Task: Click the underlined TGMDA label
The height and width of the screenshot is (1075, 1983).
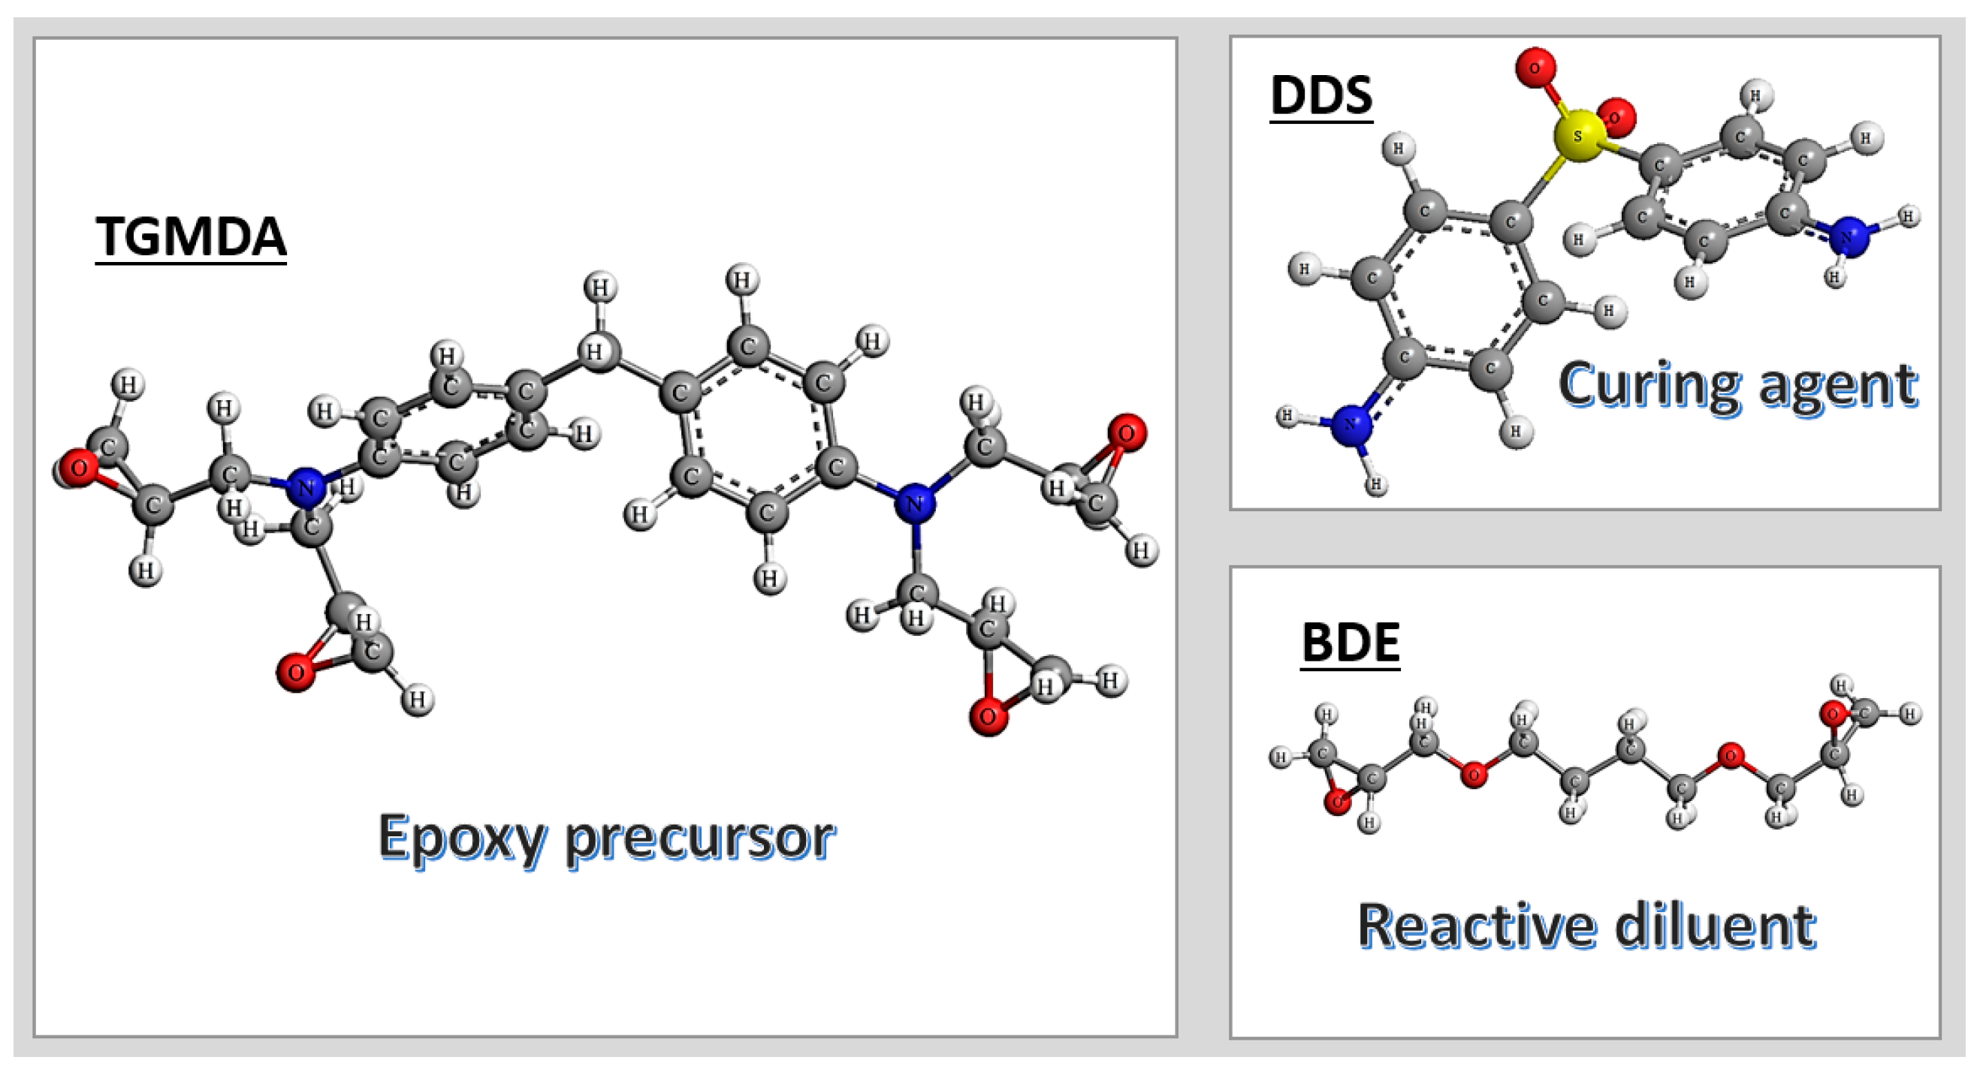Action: [191, 236]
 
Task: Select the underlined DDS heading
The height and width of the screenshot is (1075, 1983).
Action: [1321, 95]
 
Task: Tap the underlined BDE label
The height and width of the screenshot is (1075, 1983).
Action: [1351, 643]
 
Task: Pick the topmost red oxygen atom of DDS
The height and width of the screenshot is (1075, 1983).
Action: [1535, 68]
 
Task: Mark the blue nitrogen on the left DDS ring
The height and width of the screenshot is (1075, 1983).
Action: [1351, 424]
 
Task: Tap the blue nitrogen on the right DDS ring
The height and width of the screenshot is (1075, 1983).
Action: [1849, 236]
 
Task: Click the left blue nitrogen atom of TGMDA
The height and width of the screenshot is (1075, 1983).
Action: [306, 487]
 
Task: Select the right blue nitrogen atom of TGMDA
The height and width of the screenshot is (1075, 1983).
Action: [915, 504]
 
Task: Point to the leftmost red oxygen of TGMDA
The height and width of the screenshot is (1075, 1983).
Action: [78, 468]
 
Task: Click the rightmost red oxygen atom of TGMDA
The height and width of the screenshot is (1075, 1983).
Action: [1126, 433]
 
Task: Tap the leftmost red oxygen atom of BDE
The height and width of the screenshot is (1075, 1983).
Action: [1338, 802]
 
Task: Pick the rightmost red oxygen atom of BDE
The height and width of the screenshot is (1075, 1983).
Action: [1833, 714]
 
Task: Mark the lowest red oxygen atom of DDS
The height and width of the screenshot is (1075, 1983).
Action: [1616, 117]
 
